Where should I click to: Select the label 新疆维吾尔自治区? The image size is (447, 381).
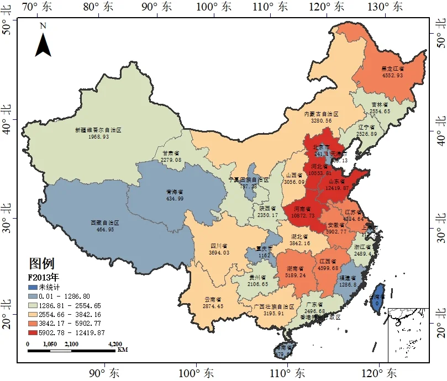[98, 130]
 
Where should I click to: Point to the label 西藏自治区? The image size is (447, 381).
[104, 223]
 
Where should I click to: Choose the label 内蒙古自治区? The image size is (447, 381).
[321, 113]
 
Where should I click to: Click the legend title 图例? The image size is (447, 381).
[41, 263]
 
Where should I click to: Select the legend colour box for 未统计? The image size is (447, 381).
[33, 287]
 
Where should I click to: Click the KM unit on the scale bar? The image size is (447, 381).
[123, 350]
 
